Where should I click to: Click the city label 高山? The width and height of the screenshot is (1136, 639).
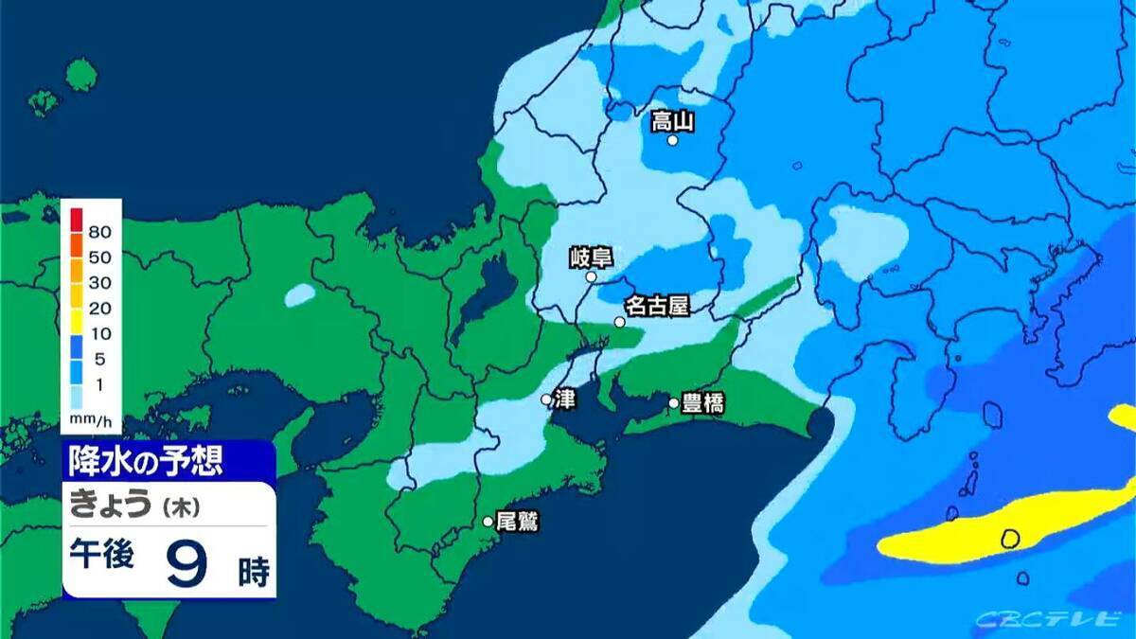[x=673, y=121]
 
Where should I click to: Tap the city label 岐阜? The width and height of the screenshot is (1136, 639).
[x=593, y=257]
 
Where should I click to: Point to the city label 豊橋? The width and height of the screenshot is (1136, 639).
[x=702, y=404]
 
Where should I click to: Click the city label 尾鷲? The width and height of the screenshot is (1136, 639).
[x=517, y=521]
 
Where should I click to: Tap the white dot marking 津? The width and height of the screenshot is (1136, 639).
[x=546, y=399]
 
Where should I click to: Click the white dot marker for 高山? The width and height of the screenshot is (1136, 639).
[x=672, y=140]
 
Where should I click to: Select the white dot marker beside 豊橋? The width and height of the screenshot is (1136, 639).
[x=674, y=403]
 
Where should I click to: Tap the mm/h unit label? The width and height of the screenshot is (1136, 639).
[x=91, y=417]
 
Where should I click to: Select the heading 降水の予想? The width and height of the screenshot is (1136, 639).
[x=145, y=462]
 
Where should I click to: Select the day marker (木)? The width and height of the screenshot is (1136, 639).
[x=179, y=507]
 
